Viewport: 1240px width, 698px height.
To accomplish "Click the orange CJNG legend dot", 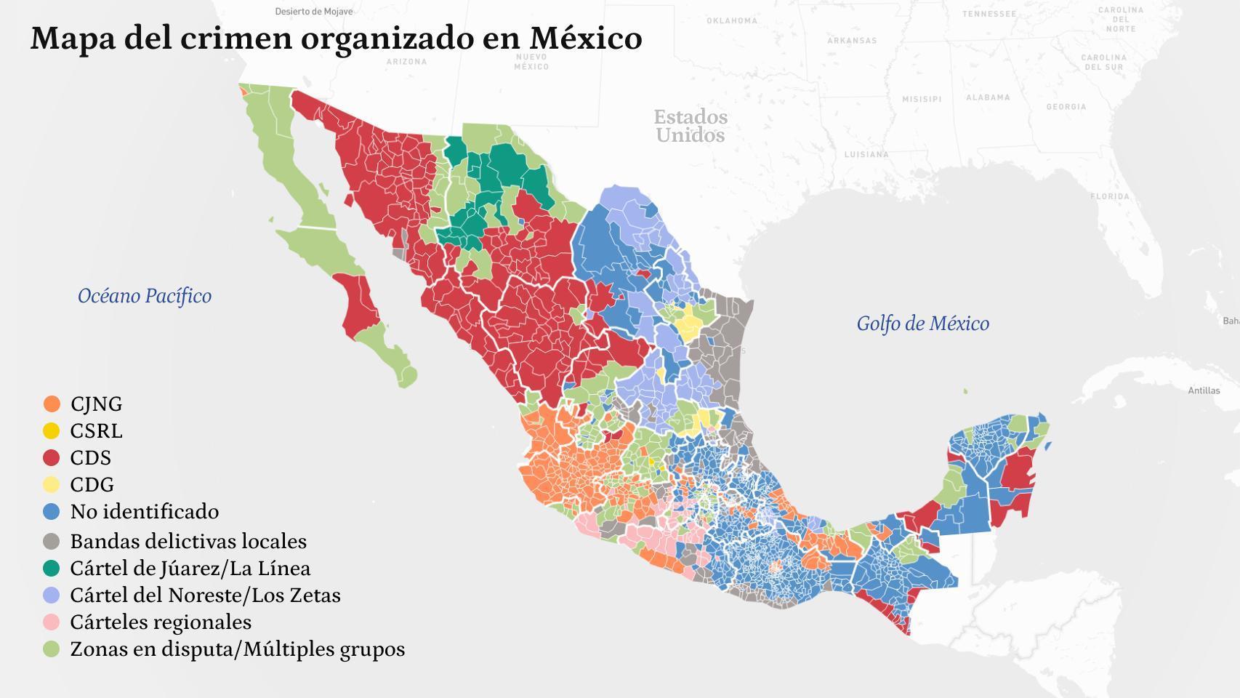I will [x=52, y=404].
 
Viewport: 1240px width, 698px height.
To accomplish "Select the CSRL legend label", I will [x=96, y=430].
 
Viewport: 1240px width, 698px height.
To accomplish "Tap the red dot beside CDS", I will [x=52, y=457].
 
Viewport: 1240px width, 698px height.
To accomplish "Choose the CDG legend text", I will [x=92, y=484].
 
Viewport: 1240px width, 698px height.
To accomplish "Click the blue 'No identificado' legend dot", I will [x=52, y=511].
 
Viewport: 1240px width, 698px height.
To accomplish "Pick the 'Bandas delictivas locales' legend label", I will [x=188, y=541].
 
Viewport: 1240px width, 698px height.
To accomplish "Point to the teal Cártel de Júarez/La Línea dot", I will [x=52, y=568].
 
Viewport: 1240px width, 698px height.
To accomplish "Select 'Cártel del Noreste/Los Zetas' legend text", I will [x=205, y=595].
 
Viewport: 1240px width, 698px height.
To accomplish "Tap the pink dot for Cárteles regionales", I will [x=52, y=622].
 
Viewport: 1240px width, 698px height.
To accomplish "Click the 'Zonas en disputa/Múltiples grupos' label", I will [x=237, y=649].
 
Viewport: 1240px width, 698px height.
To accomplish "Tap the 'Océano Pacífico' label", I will [x=145, y=296].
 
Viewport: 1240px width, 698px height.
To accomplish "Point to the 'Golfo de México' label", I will [x=922, y=324].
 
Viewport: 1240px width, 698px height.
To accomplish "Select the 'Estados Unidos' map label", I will [x=690, y=126].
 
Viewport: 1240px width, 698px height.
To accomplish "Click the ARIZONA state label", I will [x=406, y=62].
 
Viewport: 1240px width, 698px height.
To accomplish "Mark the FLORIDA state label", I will [x=1110, y=196].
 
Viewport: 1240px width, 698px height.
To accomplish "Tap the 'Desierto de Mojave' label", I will [x=313, y=12].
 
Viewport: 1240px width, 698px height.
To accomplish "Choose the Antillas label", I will [x=1204, y=390].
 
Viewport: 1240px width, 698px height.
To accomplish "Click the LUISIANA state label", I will [x=866, y=154].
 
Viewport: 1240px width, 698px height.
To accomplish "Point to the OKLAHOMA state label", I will [x=732, y=20].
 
